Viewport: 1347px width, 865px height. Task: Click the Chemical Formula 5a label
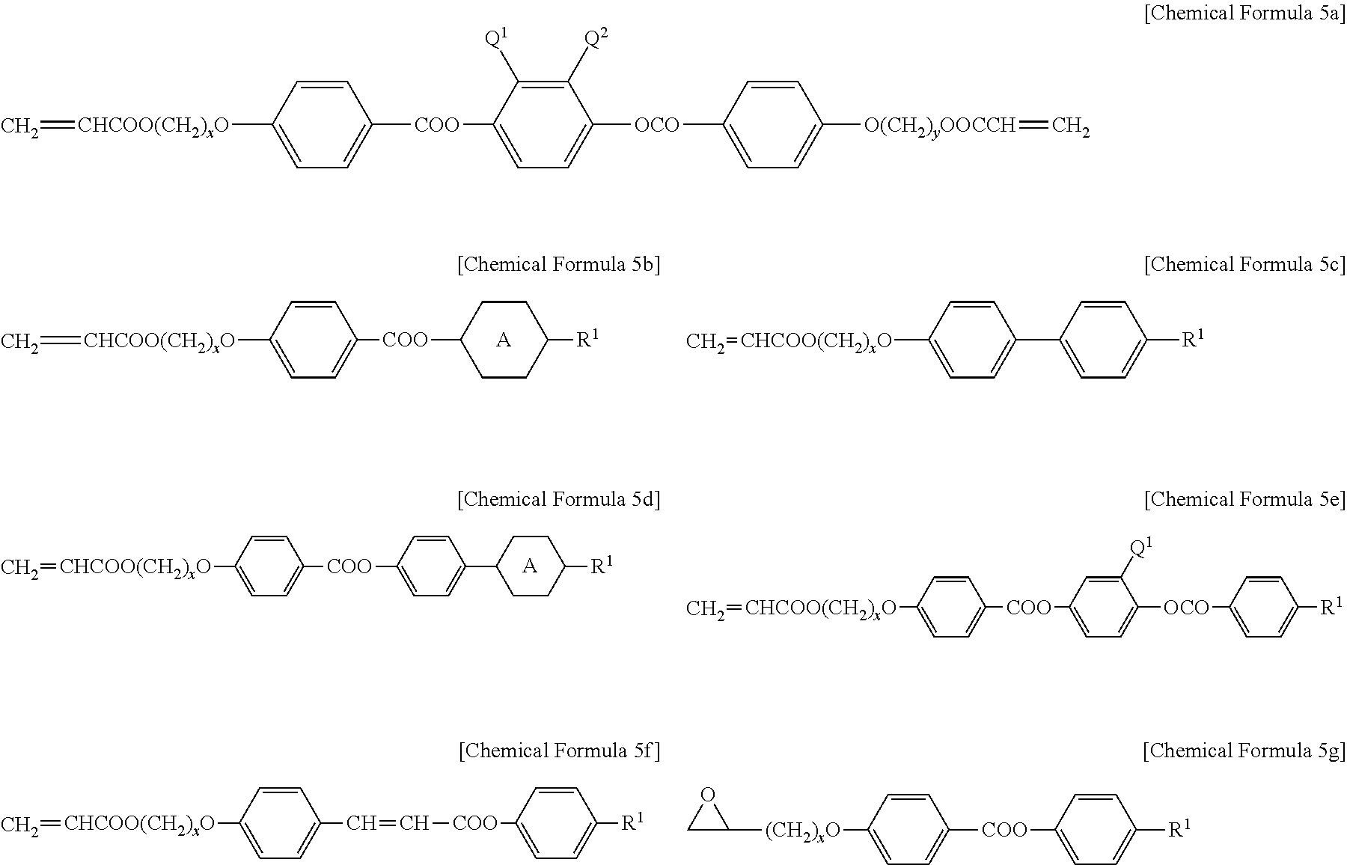pos(1244,14)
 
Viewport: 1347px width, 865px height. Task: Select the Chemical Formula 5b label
pos(558,265)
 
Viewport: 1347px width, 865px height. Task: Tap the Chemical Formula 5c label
pos(1244,265)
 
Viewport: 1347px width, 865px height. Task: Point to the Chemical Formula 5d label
pos(558,500)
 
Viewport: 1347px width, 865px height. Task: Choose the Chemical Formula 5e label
pos(1244,500)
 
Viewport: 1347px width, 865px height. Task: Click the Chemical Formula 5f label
pos(558,751)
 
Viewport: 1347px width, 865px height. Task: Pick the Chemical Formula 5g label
pos(1244,751)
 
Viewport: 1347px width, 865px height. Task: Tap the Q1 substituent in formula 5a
pos(497,40)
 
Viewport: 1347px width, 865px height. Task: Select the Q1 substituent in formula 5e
pos(1140,548)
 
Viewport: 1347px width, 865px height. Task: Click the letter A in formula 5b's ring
pos(504,340)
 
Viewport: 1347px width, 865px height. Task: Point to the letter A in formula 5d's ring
pos(529,566)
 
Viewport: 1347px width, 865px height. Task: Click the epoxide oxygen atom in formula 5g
pos(709,795)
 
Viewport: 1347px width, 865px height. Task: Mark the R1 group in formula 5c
pos(1192,340)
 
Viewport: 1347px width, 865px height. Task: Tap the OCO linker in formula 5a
pos(656,125)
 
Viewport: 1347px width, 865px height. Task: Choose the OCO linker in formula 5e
pos(1186,608)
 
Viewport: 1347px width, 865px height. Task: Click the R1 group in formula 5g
pos(1179,829)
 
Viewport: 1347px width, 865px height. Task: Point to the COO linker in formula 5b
pos(405,340)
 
